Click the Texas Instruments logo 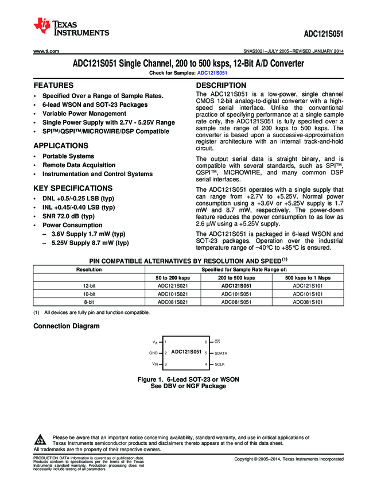point(71,27)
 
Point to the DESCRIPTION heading point(221,85)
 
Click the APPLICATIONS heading point(61,146)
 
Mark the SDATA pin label point(221,353)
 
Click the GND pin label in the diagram point(153,353)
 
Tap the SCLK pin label point(220,365)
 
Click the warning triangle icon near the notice point(40,440)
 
